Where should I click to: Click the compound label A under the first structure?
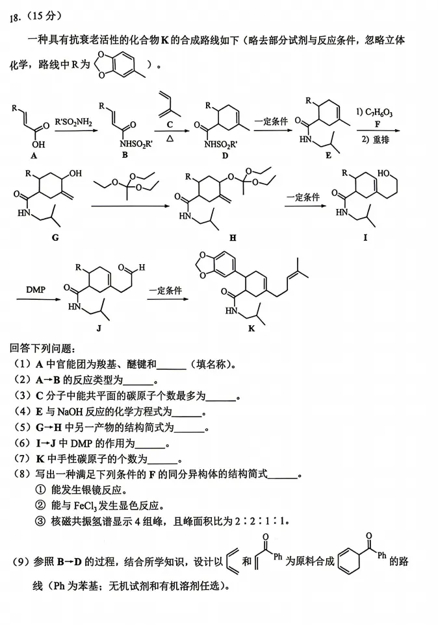(34, 156)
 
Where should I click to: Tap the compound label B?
(125, 154)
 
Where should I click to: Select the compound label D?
(225, 156)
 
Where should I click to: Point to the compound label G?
(55, 238)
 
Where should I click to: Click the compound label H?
(233, 238)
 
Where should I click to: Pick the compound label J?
(99, 328)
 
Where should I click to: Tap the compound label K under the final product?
(251, 328)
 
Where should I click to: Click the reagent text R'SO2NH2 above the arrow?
(73, 122)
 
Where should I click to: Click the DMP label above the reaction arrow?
(36, 289)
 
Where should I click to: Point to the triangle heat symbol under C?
(170, 139)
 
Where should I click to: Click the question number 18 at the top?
(15, 18)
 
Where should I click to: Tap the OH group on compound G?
(75, 173)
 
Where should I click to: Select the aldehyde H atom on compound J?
(142, 267)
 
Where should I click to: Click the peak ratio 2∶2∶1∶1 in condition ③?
(261, 521)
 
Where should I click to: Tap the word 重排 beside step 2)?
(381, 140)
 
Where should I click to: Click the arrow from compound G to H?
(130, 206)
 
